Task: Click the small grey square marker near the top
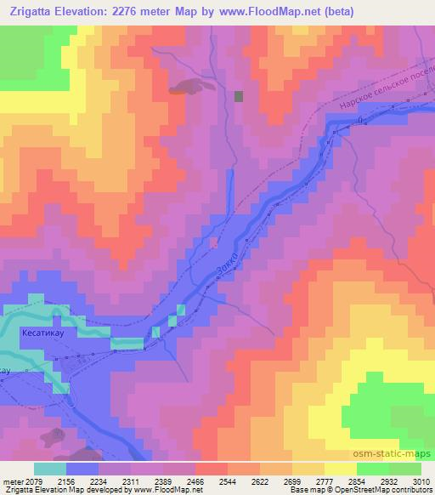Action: [239, 96]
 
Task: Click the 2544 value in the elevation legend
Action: [227, 481]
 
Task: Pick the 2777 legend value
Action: [324, 481]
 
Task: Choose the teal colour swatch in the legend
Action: [50, 469]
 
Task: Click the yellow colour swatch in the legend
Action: [341, 469]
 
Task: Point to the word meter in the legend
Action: [10, 481]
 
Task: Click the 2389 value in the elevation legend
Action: [162, 481]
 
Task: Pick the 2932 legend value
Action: [388, 481]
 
